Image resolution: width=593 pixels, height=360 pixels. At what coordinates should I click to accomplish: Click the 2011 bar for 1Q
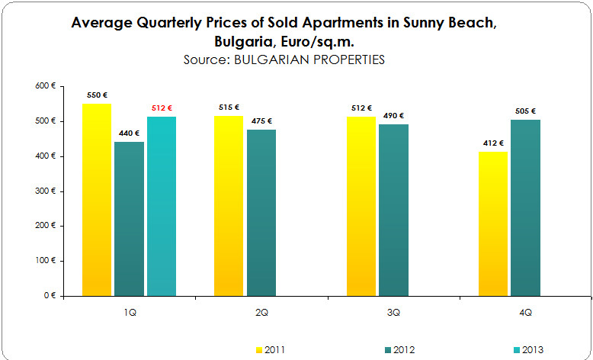click(x=96, y=199)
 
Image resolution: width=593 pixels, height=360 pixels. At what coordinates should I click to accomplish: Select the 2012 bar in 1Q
click(x=129, y=218)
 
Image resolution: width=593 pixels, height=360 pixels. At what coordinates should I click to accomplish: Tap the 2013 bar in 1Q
click(x=162, y=206)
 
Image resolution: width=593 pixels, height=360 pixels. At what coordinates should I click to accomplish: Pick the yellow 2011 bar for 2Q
click(x=229, y=205)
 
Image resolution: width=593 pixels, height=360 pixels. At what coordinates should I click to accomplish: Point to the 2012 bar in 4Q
click(x=525, y=207)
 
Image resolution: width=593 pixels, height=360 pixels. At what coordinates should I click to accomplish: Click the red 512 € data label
click(x=162, y=108)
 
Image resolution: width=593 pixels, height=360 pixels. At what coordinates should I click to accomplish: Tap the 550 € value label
click(x=97, y=95)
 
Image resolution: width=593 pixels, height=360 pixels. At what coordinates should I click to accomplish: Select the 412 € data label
click(x=492, y=143)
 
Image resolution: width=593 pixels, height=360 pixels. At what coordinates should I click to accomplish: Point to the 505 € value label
click(x=525, y=111)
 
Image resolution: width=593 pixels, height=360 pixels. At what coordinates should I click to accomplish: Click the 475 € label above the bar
click(x=261, y=121)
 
